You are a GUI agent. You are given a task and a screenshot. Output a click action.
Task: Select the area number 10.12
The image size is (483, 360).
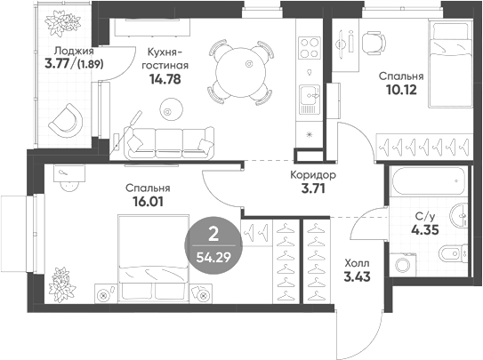400,90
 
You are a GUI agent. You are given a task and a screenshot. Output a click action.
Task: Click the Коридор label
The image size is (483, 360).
312,175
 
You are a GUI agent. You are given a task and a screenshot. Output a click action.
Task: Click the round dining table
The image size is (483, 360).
237,66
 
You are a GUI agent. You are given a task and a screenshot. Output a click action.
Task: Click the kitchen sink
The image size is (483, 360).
308,93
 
